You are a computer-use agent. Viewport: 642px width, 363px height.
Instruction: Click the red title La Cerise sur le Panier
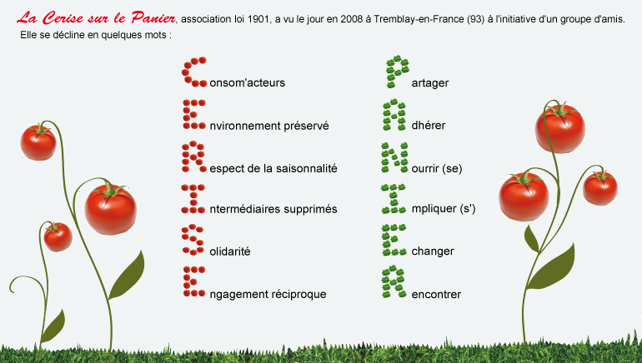(x=97, y=18)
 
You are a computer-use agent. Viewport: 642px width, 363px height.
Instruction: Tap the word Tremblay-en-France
(x=419, y=19)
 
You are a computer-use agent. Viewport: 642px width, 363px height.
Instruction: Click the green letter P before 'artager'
(x=397, y=72)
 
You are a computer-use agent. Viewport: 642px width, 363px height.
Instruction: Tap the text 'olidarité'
(x=229, y=251)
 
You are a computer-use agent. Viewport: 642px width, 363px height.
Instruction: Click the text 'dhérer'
(x=429, y=126)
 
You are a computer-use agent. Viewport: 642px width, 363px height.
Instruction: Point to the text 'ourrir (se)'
(x=437, y=168)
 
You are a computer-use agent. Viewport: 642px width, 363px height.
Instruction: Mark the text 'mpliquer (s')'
(x=444, y=209)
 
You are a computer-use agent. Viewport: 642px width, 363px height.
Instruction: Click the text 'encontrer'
(x=436, y=295)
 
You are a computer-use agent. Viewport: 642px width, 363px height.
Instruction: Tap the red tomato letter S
(x=193, y=241)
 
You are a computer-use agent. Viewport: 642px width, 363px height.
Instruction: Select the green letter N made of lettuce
(x=394, y=157)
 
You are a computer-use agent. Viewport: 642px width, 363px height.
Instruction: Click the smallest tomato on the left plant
(x=58, y=236)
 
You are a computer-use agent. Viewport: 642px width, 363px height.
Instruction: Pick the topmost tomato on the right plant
(x=560, y=128)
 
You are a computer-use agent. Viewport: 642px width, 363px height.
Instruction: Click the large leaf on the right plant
(x=549, y=267)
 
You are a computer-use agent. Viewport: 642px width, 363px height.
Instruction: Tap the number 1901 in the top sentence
(x=258, y=19)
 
